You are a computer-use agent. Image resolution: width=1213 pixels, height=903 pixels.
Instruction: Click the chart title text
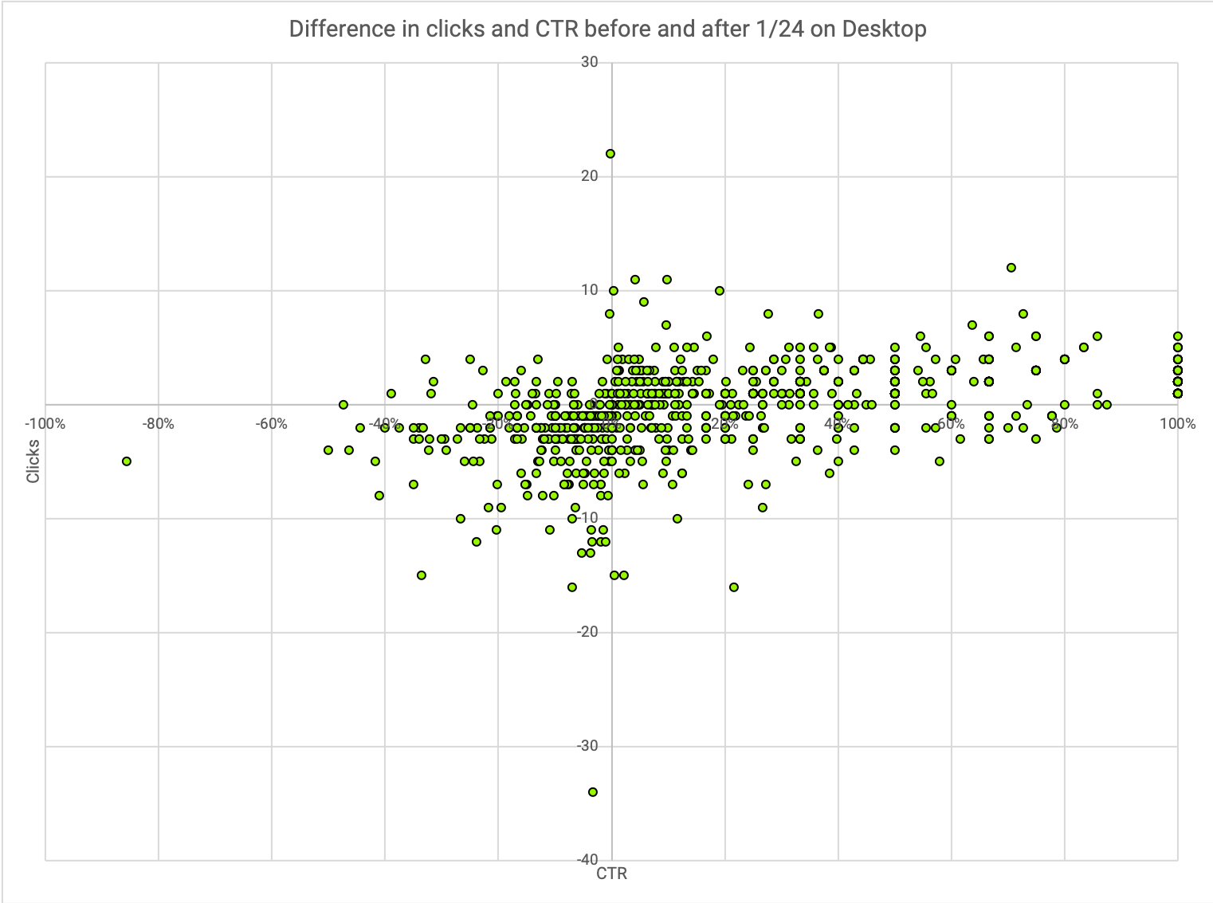[x=607, y=29]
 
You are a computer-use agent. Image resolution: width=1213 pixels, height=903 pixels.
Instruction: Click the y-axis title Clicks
[x=33, y=461]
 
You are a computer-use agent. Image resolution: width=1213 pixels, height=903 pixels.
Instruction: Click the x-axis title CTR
[x=612, y=874]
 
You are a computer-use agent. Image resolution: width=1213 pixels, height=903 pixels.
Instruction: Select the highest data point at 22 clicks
[x=610, y=154]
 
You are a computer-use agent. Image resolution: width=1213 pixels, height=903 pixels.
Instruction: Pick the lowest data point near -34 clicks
[x=593, y=792]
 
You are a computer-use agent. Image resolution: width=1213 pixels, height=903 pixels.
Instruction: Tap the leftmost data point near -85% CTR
[x=127, y=461]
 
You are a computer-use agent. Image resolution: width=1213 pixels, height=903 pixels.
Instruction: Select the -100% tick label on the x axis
[x=45, y=423]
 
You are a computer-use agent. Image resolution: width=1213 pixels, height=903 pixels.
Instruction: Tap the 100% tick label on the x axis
[x=1178, y=423]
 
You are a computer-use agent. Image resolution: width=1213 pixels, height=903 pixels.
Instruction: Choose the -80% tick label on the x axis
[x=159, y=423]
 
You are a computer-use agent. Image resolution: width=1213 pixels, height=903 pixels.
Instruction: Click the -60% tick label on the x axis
[x=272, y=423]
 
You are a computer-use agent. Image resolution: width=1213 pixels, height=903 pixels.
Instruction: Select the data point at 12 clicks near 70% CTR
[x=1011, y=268]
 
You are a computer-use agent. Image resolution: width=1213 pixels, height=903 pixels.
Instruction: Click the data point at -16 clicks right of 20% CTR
[x=734, y=587]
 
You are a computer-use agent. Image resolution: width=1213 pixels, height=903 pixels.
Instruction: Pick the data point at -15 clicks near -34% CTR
[x=422, y=575]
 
